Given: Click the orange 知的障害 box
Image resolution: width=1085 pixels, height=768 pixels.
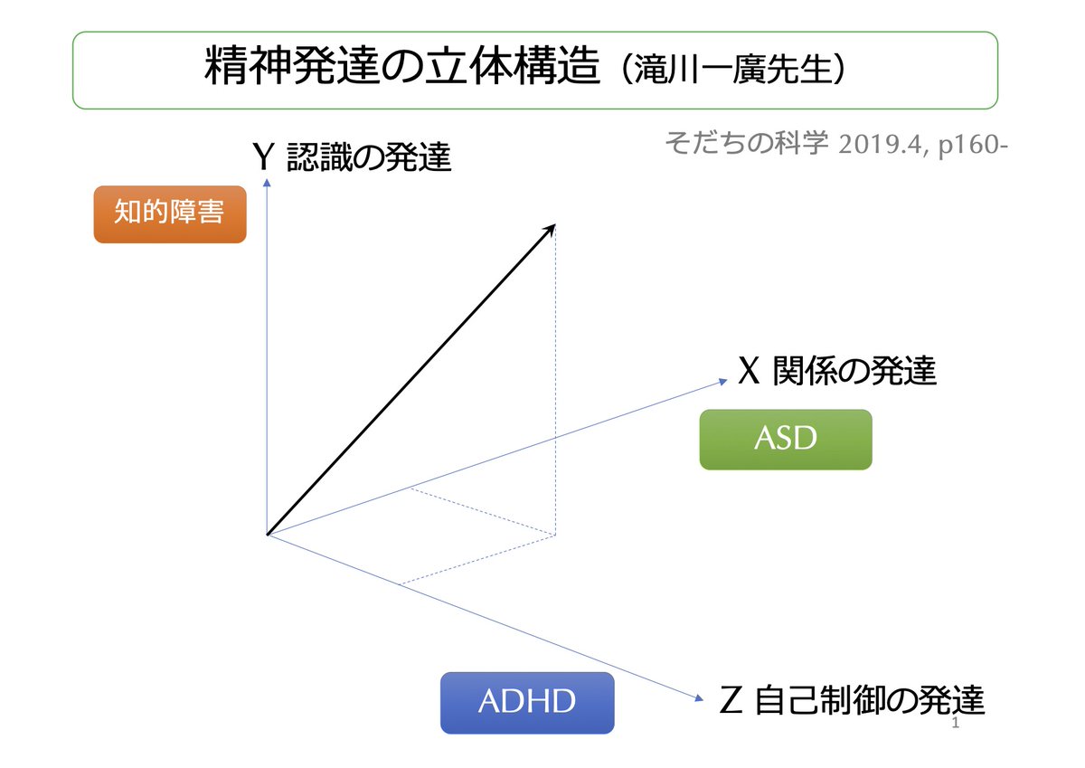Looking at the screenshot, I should pos(170,214).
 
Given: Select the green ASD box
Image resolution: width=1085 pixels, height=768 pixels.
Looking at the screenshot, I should pos(785,440).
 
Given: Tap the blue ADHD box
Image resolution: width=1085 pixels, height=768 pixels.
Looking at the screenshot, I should pos(526,703).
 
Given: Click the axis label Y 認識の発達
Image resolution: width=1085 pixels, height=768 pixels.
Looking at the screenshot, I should pos(352,158).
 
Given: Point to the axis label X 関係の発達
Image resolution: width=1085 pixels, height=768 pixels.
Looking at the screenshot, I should pos(836,372).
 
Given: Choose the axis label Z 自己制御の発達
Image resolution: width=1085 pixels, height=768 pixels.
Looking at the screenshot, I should pos(851,701).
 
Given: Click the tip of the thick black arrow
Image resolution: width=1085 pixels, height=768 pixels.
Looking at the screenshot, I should pos(553,225).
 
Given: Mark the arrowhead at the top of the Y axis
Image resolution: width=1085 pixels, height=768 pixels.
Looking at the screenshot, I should pos(268,180).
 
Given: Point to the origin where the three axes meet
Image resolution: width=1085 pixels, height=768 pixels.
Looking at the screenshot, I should pos(268,535).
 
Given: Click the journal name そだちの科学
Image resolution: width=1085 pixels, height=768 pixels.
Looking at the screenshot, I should pos(746,143).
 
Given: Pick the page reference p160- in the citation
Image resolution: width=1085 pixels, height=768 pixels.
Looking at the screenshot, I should pos(972,144).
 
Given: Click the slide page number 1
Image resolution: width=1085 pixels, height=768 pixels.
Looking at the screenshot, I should pos(956,727).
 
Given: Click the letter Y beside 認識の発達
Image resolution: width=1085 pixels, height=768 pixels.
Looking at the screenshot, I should pos(263,158).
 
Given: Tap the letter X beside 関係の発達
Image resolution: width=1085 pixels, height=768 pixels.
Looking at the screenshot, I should pos(748,372).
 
